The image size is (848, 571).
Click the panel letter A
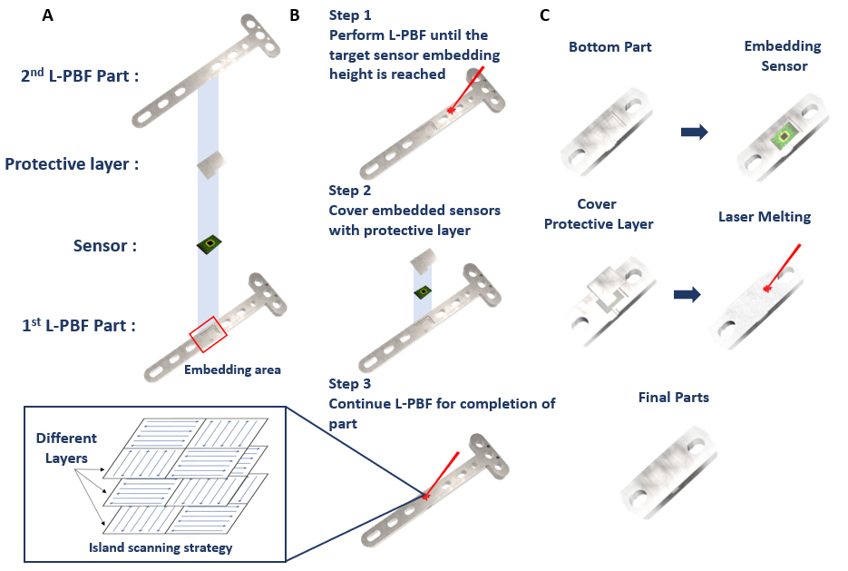pos(47,15)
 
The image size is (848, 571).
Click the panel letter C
pos(544,15)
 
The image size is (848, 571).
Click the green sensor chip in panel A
pos(210,244)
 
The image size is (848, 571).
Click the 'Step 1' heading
pos(350,15)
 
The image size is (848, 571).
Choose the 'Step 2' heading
pos(350,191)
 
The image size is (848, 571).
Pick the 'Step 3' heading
pos(350,384)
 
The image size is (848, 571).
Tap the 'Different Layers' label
pos(66,446)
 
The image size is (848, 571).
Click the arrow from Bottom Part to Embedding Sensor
pos(694,132)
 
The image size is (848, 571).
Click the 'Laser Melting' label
pos(765,217)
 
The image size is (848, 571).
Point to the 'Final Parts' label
pos(673,398)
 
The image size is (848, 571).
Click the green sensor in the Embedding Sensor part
pos(780,137)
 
